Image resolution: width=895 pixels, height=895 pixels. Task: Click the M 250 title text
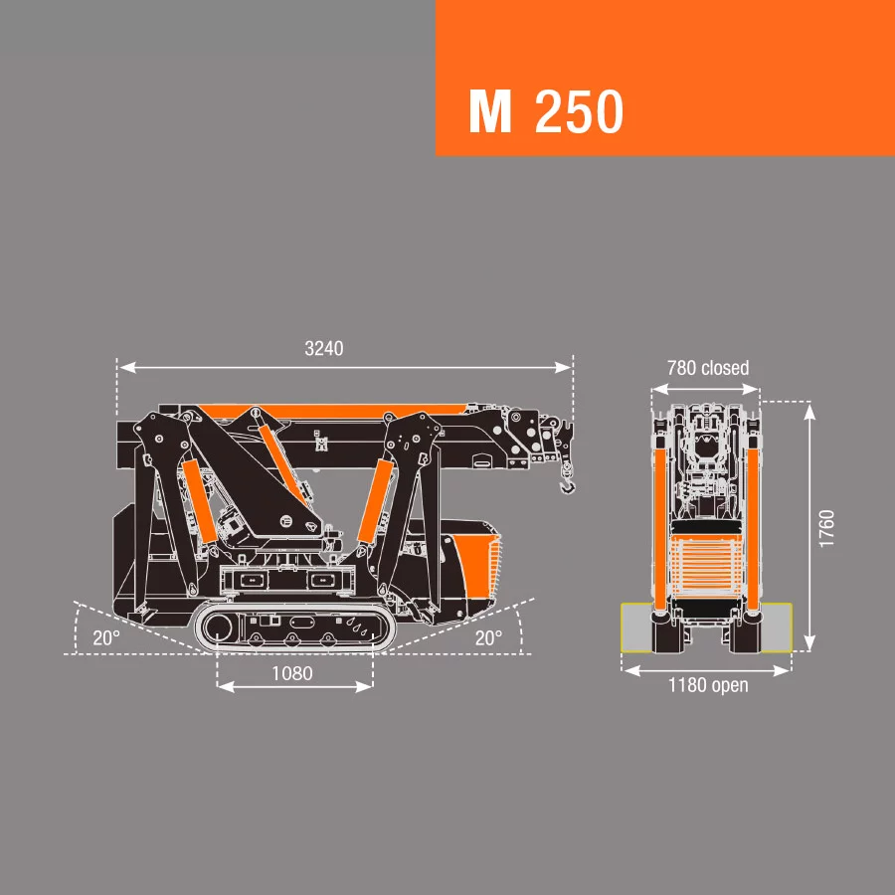pyautogui.click(x=546, y=111)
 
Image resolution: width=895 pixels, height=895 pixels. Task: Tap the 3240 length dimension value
pyautogui.click(x=323, y=349)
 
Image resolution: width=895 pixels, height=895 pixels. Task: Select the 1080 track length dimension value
pyautogui.click(x=292, y=673)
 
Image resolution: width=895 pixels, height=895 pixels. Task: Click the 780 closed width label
pyautogui.click(x=707, y=368)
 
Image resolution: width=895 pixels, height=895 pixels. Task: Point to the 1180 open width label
pyautogui.click(x=707, y=686)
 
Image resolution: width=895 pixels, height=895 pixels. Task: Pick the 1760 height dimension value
pyautogui.click(x=827, y=527)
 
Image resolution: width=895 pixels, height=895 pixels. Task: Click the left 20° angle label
pyautogui.click(x=106, y=638)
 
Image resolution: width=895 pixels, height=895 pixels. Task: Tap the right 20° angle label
pyautogui.click(x=487, y=638)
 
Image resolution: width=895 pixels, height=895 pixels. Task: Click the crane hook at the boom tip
pyautogui.click(x=567, y=484)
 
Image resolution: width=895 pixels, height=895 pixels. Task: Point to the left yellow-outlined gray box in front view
pyautogui.click(x=635, y=626)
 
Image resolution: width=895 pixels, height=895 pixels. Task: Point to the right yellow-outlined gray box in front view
pyautogui.click(x=778, y=626)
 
